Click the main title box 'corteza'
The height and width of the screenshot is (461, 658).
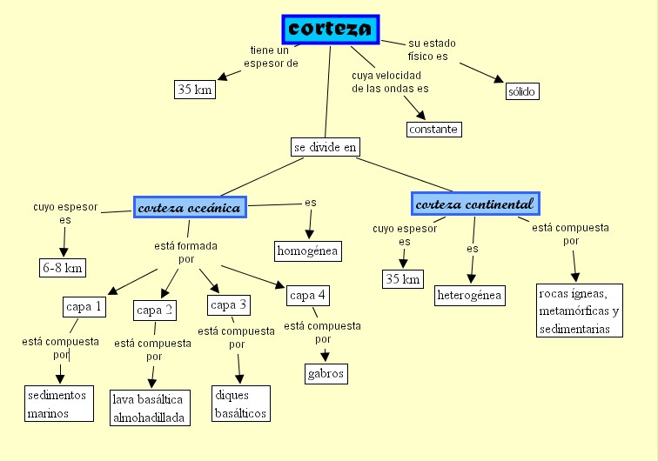click(331, 29)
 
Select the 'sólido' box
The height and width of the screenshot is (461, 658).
click(522, 91)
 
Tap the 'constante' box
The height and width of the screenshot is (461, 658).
click(433, 130)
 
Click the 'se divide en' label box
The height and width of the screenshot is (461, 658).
click(326, 147)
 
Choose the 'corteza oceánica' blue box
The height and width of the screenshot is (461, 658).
click(190, 206)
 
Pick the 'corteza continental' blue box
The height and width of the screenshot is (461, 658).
click(475, 204)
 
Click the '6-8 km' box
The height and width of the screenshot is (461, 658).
click(63, 268)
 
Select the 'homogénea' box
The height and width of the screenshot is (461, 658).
click(307, 251)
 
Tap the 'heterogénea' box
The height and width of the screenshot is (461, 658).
click(470, 296)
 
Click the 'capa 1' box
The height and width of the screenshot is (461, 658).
click(84, 306)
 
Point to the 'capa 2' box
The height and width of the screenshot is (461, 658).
click(156, 310)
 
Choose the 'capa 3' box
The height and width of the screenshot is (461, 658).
click(230, 304)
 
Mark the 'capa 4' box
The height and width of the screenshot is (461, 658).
click(308, 295)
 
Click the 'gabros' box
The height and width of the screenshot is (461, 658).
click(326, 374)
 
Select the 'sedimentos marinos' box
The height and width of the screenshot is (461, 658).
click(58, 404)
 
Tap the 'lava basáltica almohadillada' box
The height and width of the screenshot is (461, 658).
click(149, 409)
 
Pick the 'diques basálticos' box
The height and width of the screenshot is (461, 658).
click(239, 404)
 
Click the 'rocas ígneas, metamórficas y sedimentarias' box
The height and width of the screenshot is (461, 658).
click(579, 310)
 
